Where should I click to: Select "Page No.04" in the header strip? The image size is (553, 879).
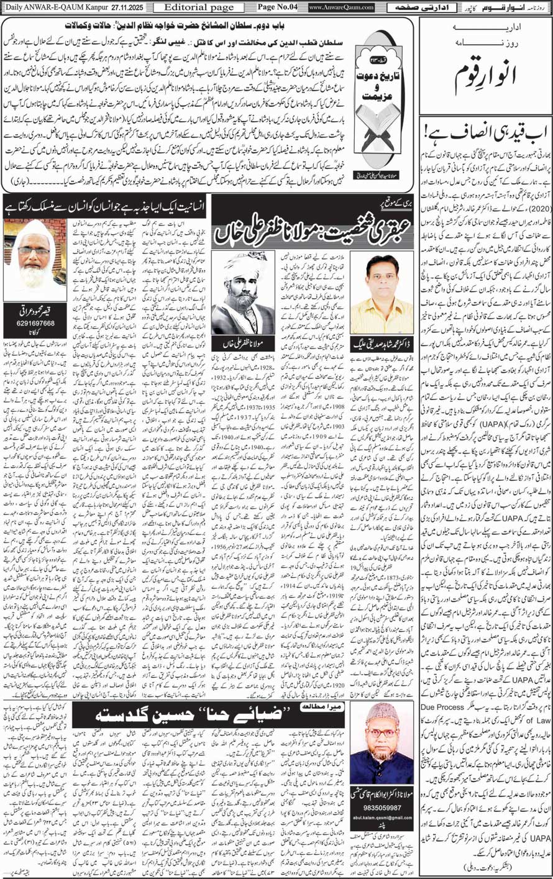tap(278, 7)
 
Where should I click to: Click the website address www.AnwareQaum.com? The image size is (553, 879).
tap(342, 7)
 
